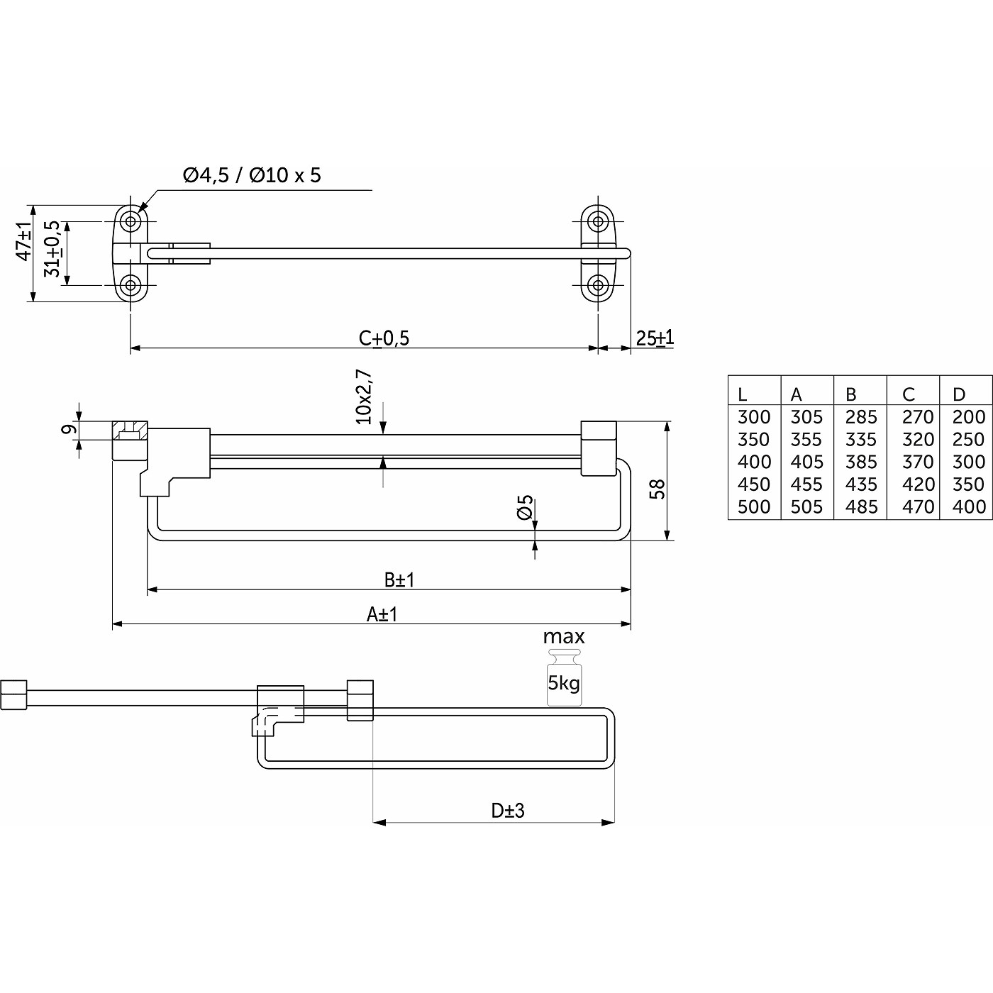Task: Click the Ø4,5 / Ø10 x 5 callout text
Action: [252, 174]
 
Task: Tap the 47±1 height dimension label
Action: [24, 241]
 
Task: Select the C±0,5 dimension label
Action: [384, 338]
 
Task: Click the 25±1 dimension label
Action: [654, 338]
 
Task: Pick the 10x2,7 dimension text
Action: [364, 396]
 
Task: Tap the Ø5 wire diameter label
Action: [525, 508]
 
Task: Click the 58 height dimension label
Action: [658, 489]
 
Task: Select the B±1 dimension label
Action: [399, 579]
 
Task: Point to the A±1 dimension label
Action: [382, 614]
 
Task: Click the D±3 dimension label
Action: [508, 810]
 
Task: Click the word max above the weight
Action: [564, 637]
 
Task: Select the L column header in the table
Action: [743, 394]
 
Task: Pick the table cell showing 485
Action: [861, 506]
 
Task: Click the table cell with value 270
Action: [918, 416]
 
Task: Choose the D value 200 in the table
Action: [969, 416]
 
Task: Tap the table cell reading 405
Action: [806, 462]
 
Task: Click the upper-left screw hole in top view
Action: [130, 221]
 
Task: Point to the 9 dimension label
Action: [69, 430]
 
